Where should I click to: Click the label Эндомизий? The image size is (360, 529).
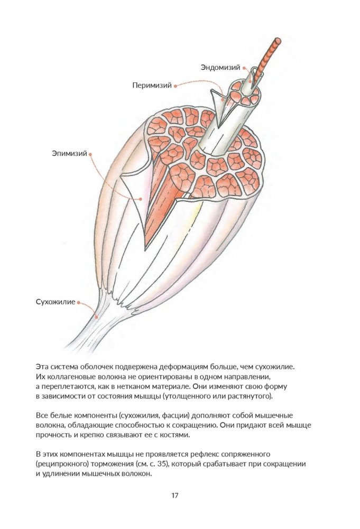[220, 67]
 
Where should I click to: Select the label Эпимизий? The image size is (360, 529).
[69, 154]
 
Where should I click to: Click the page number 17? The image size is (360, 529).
[175, 496]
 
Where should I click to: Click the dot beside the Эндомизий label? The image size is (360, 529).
[245, 67]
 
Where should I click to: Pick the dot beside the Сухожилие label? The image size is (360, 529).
[79, 303]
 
